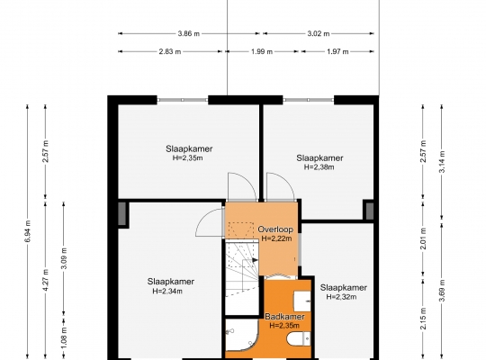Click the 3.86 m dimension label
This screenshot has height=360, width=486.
pos(189,33)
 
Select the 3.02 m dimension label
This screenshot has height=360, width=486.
pos(319,33)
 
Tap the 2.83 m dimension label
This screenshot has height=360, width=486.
pos(170,51)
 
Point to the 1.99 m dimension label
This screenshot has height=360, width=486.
pos(262,51)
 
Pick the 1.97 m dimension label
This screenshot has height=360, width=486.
pos(337,51)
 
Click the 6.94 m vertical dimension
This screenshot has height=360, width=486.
pos(28,231)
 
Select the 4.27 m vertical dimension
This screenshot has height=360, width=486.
pos(46,280)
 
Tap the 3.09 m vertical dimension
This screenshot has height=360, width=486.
pos(64,258)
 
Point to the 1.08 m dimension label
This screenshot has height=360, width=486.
pos(64,337)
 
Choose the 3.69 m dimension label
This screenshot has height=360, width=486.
pos(442,290)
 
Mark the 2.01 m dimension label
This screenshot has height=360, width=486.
pos(423,238)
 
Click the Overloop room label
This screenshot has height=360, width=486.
pos(275,229)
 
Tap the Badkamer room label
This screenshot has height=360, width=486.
pos(284,317)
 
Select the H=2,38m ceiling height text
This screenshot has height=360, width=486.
pos(319,167)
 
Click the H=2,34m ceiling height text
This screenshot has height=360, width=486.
pos(167,292)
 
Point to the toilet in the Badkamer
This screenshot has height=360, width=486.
pos(298,338)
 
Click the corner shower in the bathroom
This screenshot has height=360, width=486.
pos(241,336)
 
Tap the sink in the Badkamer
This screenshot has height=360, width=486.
pos(301,301)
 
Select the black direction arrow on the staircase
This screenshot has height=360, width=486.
pos(255,260)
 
